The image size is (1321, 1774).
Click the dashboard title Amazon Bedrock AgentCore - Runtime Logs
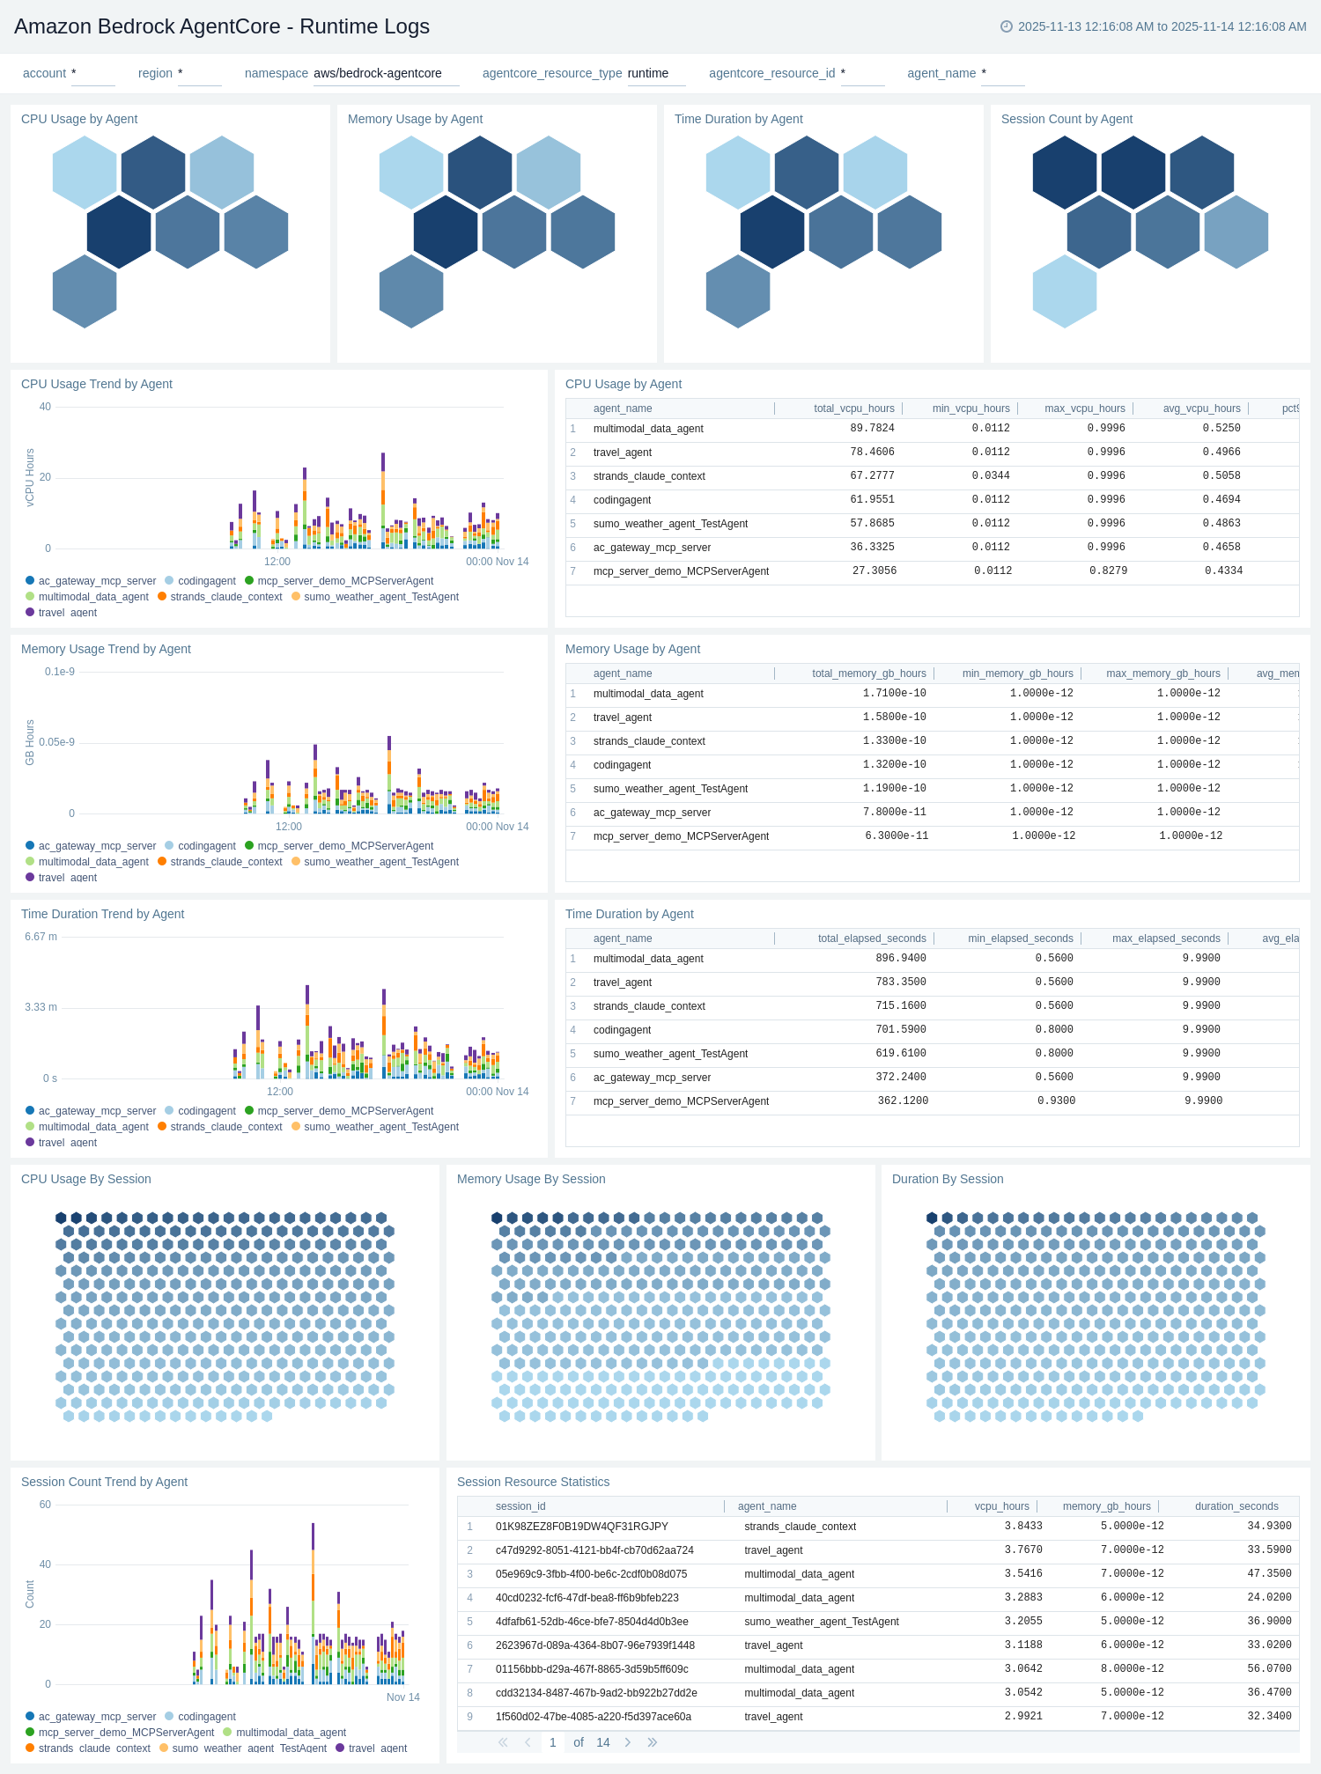pyautogui.click(x=222, y=26)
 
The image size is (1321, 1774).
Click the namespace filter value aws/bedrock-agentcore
pyautogui.click(x=378, y=73)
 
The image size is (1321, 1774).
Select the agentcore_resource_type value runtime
pyautogui.click(x=648, y=73)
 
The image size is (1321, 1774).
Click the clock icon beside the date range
pyautogui.click(x=1007, y=26)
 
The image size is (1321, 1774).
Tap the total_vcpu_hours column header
pyautogui.click(x=853, y=409)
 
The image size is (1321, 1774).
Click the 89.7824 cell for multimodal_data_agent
pyautogui.click(x=872, y=429)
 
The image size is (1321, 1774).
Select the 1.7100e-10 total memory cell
pyautogui.click(x=894, y=694)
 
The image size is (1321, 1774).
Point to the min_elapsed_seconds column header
pyautogui.click(x=1020, y=939)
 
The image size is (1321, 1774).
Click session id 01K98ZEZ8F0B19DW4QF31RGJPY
pyautogui.click(x=581, y=1527)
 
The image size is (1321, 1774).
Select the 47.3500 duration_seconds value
pyautogui.click(x=1269, y=1574)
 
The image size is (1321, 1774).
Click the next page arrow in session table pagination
pyautogui.click(x=628, y=1742)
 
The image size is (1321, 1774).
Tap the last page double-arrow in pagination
pyautogui.click(x=653, y=1742)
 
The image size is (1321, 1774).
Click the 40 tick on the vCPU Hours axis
pyautogui.click(x=45, y=407)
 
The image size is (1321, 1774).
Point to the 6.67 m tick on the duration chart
pyautogui.click(x=41, y=937)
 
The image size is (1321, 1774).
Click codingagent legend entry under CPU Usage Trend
pyautogui.click(x=206, y=581)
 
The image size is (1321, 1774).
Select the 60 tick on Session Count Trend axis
pyautogui.click(x=45, y=1505)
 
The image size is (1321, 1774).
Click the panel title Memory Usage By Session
pyautogui.click(x=531, y=1179)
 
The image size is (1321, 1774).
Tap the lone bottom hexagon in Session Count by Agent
pyautogui.click(x=1064, y=291)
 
